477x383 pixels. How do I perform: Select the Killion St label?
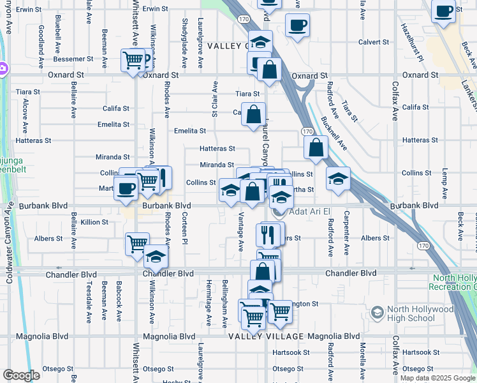[94, 222]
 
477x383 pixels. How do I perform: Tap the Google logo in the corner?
[21, 375]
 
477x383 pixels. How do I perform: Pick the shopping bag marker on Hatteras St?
[316, 148]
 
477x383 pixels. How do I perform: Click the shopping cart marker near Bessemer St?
[133, 61]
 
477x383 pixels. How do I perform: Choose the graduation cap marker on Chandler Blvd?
[155, 257]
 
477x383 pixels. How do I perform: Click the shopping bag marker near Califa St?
[254, 115]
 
